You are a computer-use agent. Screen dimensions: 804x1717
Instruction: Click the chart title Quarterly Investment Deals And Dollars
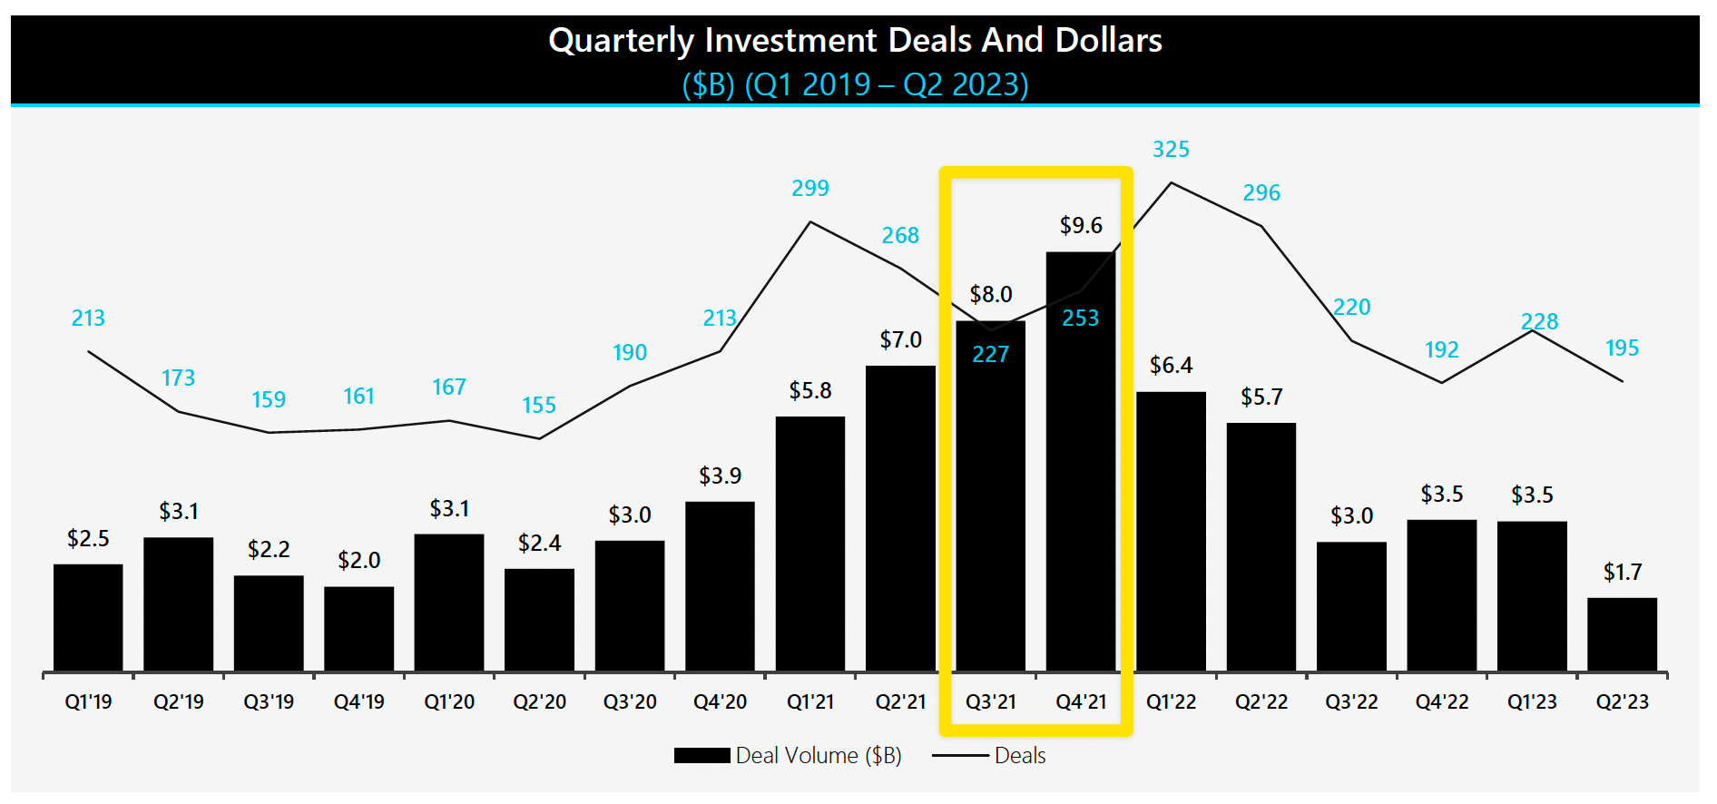[x=855, y=41]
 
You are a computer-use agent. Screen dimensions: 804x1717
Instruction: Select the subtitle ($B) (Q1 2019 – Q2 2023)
[x=855, y=84]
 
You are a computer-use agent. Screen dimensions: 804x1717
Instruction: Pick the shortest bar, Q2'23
[x=1622, y=634]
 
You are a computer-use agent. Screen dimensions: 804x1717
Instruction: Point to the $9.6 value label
[x=1081, y=225]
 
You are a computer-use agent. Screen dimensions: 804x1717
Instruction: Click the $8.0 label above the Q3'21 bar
[x=990, y=294]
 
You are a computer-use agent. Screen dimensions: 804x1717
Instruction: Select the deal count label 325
[x=1171, y=149]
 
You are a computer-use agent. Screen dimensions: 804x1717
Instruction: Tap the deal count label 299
[x=809, y=188]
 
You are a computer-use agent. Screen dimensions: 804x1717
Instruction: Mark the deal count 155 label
[x=539, y=405]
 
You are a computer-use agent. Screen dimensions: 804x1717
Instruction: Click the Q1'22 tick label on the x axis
[x=1171, y=701]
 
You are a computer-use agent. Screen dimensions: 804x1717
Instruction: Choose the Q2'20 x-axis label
[x=539, y=701]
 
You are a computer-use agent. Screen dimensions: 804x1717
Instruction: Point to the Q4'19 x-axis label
[x=358, y=701]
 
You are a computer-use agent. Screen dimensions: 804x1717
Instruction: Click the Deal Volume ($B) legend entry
[x=788, y=755]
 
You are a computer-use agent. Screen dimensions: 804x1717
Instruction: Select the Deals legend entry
[x=990, y=755]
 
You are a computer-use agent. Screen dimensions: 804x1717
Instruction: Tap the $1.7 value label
[x=1622, y=572]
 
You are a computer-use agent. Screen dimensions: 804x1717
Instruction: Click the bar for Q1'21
[x=809, y=544]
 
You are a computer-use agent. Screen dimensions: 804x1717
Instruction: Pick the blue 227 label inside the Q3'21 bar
[x=990, y=354]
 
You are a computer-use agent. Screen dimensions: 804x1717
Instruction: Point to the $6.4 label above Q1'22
[x=1171, y=365]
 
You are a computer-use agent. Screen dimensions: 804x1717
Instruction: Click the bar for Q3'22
[x=1351, y=606]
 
